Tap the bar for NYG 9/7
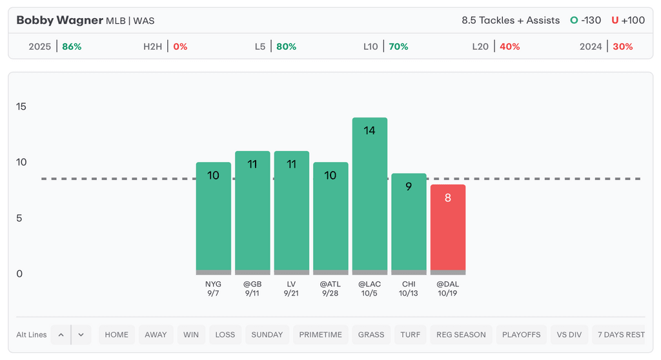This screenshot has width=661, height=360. coord(213,219)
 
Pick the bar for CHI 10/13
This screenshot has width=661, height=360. coord(409,226)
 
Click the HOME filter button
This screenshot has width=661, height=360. coord(117,335)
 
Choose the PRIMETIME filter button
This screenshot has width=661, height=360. coord(321,335)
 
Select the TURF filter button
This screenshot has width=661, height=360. coord(410,335)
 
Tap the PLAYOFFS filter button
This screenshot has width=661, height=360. coord(522,335)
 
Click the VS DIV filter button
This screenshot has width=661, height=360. coord(569,335)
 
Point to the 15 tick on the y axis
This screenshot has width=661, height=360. coord(21,106)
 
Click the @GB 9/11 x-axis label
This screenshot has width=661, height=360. coord(252,288)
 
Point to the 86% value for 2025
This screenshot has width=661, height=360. coord(72,46)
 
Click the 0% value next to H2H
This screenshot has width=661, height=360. coord(180,46)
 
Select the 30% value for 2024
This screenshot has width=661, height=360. coord(623,46)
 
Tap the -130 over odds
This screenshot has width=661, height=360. coord(591,20)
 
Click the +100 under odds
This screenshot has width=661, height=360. coord(633,20)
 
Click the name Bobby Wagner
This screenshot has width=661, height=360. coord(59,20)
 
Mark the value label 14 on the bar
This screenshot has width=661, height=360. coord(369,130)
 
